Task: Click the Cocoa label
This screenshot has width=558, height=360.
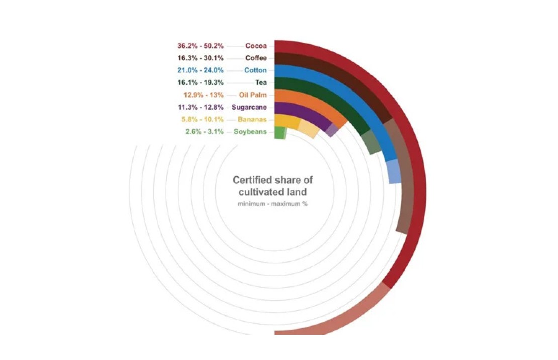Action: [256, 46]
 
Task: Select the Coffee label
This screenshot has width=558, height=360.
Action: [256, 58]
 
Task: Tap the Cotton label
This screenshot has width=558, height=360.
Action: [255, 70]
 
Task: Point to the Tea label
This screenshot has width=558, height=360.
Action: [261, 82]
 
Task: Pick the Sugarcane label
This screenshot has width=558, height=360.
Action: [249, 107]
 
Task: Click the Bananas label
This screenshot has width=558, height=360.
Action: [252, 119]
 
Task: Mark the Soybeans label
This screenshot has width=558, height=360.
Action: [250, 132]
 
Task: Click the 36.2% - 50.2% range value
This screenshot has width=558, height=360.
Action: [201, 46]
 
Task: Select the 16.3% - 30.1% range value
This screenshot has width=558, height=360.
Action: [201, 58]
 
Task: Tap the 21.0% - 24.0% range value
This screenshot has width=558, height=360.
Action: [201, 70]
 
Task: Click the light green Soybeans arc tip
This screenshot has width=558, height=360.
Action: [285, 133]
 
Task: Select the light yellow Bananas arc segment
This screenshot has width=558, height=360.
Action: [308, 130]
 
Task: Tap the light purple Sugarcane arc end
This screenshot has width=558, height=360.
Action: [331, 130]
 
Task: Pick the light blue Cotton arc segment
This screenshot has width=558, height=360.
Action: [395, 172]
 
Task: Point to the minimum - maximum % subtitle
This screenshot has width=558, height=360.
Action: [272, 204]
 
